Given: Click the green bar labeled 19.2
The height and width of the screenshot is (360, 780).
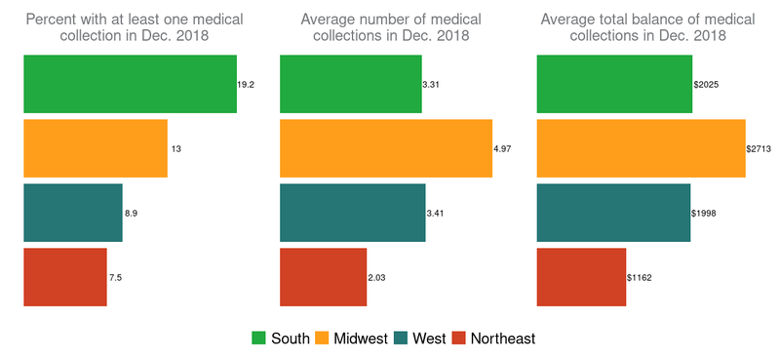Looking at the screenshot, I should pos(130,84).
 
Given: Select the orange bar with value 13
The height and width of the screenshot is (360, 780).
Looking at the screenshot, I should pos(96,148).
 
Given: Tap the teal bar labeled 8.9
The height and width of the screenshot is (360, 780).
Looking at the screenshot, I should pos(73,213).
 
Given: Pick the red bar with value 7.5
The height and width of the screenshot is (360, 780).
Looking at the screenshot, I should pos(64,277).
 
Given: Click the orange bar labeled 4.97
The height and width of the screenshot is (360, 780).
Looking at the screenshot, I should pos(386,148).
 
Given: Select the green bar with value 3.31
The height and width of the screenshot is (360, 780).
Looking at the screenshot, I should pos(351,84).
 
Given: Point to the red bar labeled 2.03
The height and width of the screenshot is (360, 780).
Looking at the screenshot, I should pos(324,277).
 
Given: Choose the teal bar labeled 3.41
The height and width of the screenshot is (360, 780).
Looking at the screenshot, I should pos(353,213).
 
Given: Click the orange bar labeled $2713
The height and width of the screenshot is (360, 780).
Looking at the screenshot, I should pos(642,148).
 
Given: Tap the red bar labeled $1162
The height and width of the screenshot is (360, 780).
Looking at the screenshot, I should pos(581,277).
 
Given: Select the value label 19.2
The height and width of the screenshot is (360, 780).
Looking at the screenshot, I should pos(246,85).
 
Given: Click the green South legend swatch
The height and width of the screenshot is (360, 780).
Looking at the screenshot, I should pos(259,339).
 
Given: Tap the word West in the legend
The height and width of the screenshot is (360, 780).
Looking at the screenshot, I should pos(430,339).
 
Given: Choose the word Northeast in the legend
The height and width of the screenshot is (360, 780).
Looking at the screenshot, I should pos(502,339).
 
